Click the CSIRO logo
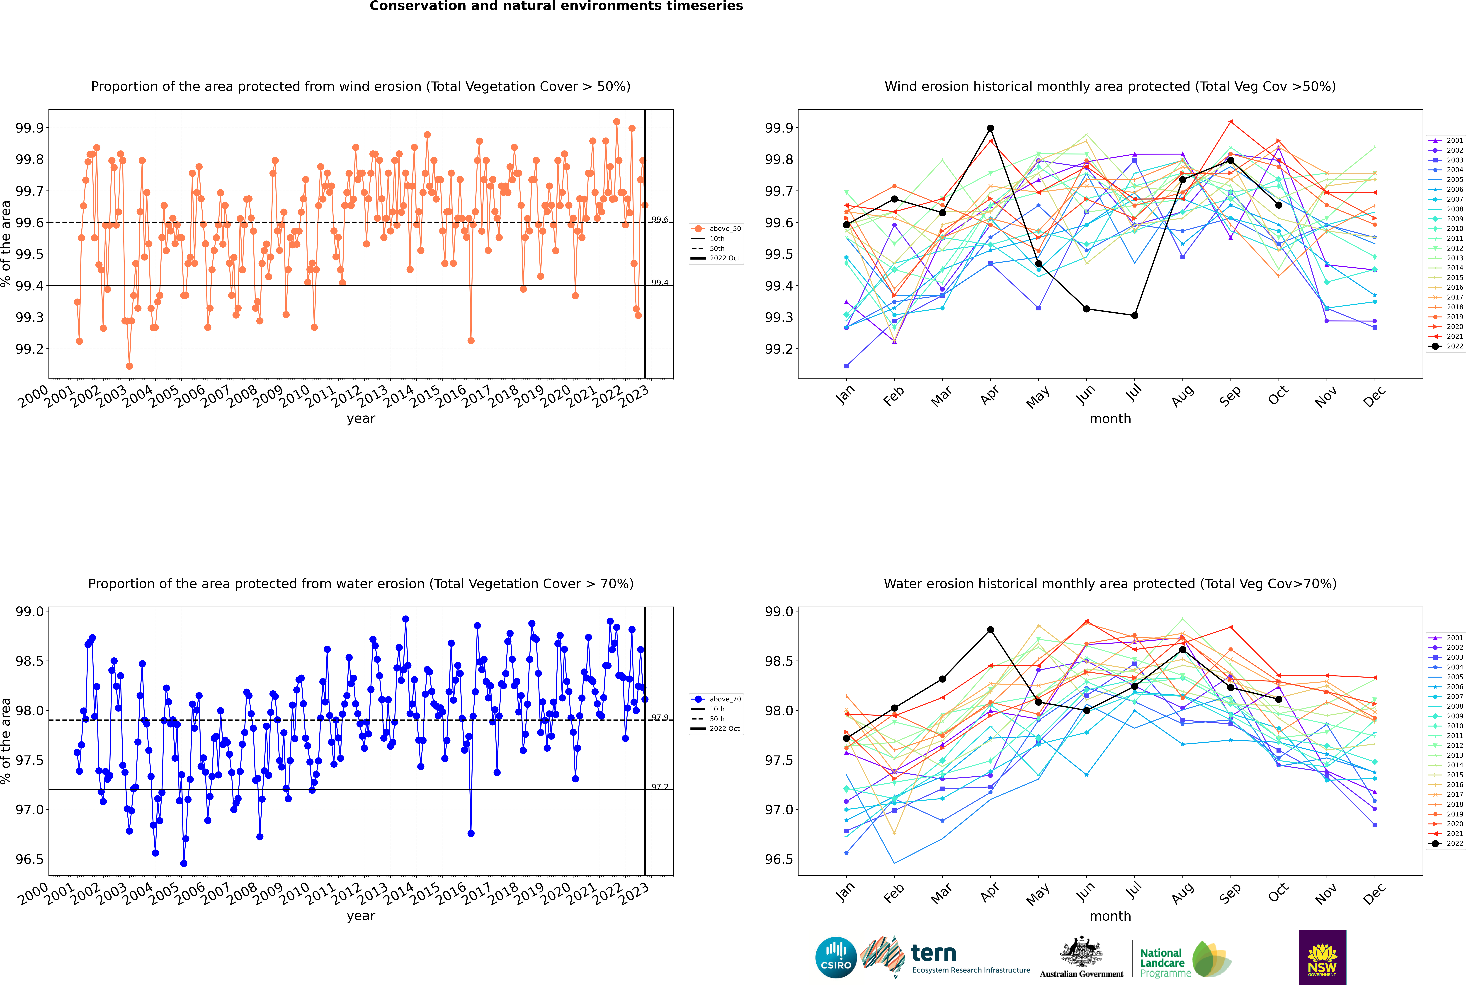[836, 957]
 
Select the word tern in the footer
[934, 954]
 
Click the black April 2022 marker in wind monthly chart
[990, 128]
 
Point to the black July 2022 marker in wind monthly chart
[1134, 315]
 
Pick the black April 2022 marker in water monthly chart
[990, 629]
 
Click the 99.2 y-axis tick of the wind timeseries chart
[29, 349]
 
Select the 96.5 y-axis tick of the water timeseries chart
[29, 859]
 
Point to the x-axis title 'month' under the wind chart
[1110, 419]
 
